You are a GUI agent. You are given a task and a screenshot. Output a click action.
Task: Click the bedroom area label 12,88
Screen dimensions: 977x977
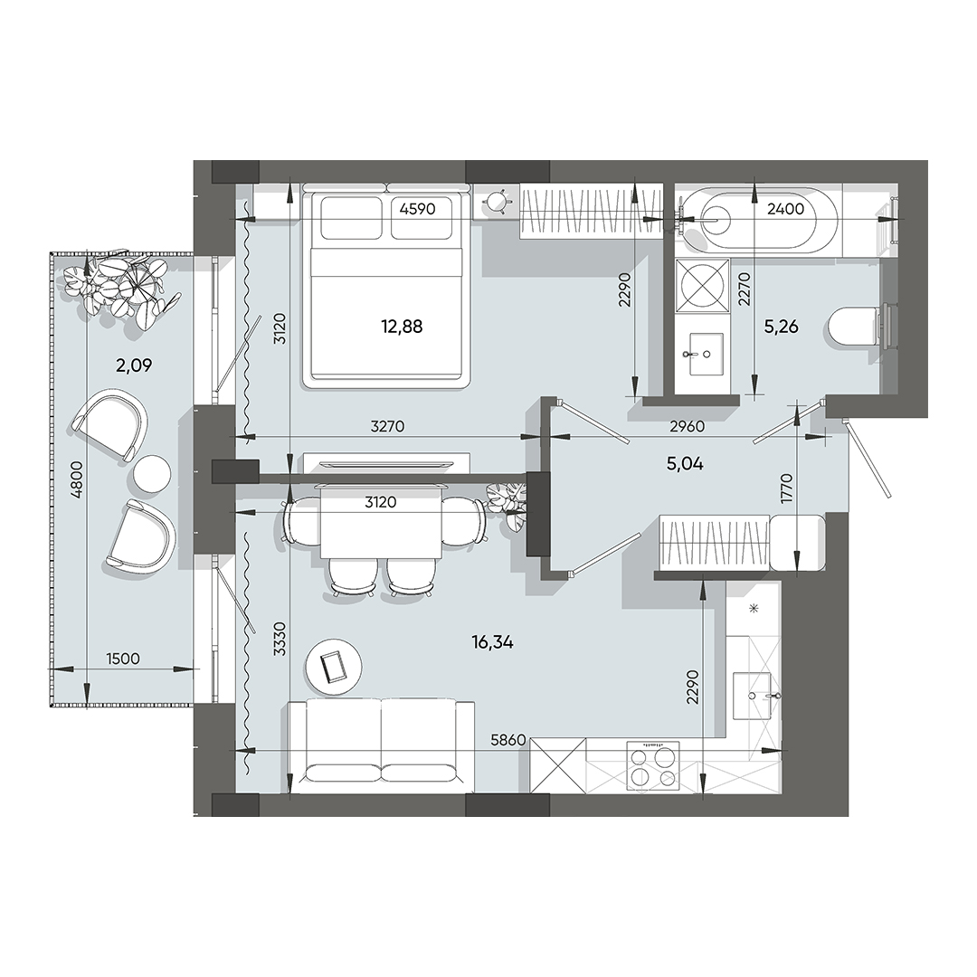pos(402,326)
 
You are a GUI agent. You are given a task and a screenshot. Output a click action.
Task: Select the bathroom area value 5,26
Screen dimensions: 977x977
pos(781,327)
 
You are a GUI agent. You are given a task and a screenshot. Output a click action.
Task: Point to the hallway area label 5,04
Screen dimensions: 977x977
pos(685,464)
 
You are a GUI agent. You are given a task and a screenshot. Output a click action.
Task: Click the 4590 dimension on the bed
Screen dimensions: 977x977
pos(418,208)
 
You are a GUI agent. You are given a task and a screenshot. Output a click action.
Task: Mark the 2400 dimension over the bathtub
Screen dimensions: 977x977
pos(784,209)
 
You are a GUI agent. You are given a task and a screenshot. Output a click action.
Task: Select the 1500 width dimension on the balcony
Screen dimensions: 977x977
pos(122,659)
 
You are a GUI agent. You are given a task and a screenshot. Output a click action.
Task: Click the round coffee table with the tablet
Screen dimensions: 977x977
pos(332,666)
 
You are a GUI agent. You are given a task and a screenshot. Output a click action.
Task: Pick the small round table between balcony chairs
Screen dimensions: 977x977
pos(151,471)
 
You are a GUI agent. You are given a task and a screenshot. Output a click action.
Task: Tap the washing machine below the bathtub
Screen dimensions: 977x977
pos(703,284)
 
